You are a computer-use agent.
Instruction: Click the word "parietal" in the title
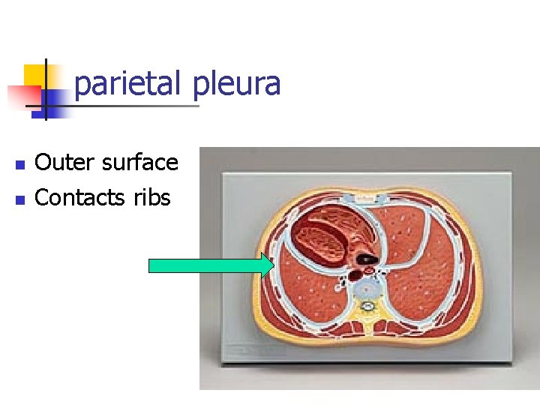click(128, 83)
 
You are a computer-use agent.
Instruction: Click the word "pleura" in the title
click(236, 83)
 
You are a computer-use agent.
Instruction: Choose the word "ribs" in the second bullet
click(152, 198)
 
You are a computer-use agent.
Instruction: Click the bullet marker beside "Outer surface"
click(20, 163)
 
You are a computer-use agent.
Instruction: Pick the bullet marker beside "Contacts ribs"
click(20, 199)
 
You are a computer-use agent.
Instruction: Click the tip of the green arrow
click(274, 265)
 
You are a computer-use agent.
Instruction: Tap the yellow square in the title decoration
click(35, 75)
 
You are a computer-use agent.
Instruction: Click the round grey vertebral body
click(368, 286)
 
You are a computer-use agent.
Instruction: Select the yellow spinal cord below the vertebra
click(368, 307)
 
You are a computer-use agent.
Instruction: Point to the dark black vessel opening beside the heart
click(367, 259)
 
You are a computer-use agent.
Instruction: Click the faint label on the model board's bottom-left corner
click(247, 350)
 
